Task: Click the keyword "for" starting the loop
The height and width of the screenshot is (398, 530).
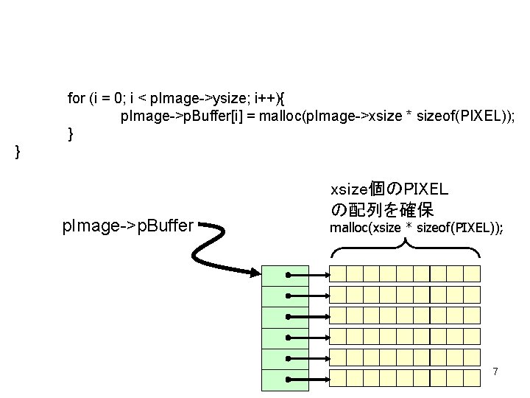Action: pos(76,98)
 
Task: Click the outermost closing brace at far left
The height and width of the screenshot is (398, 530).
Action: pos(18,152)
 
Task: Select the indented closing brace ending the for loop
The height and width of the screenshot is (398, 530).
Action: pos(70,134)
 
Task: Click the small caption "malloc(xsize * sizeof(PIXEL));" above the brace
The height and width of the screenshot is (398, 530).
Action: pos(417,228)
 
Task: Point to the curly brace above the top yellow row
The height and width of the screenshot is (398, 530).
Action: pos(405,249)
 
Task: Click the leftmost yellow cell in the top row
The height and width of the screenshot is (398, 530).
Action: pos(337,274)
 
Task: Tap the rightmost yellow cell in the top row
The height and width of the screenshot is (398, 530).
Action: pos(472,274)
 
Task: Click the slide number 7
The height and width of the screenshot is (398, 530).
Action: pos(495,371)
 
